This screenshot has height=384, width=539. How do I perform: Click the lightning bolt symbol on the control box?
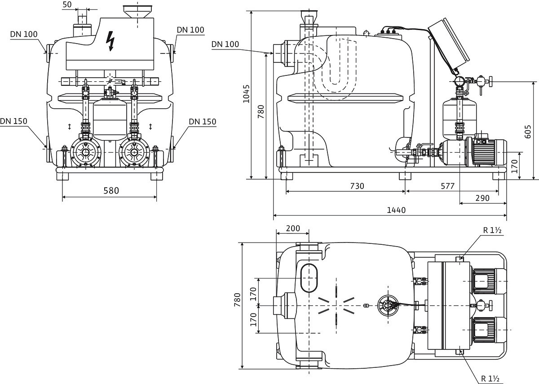pos(110,41)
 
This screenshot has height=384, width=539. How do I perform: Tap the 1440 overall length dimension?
pos(396,210)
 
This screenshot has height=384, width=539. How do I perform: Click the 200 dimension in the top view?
pos(293,228)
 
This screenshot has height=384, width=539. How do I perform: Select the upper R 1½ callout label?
pos(492,230)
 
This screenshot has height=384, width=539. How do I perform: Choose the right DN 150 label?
pos(203,122)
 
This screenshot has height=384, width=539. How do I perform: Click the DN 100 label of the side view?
pos(225,44)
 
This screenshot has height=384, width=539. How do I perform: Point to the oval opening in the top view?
pos(309,278)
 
